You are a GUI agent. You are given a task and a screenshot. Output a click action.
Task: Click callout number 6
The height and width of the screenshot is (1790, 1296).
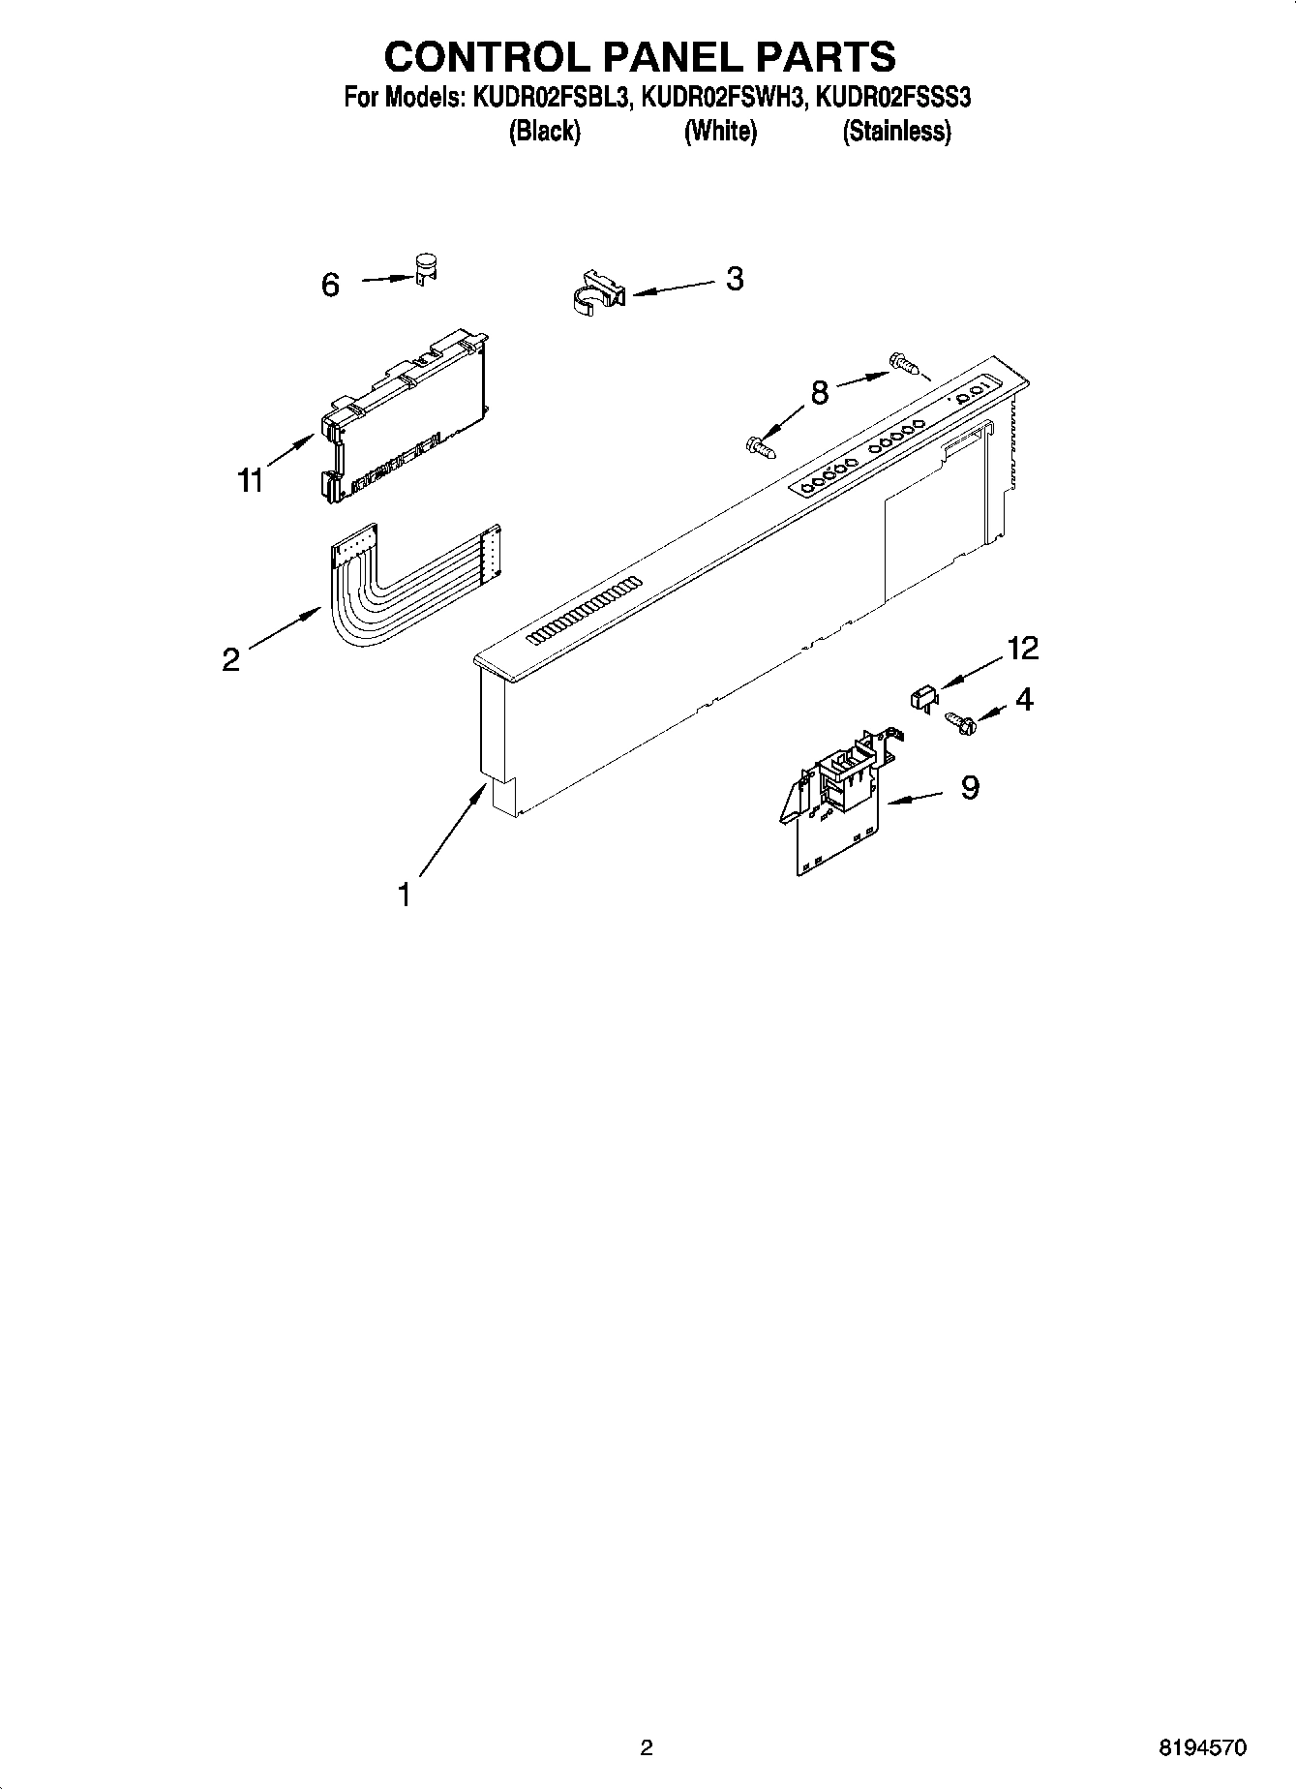coord(330,285)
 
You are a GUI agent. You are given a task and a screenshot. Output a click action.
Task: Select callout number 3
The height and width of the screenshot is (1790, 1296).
coord(735,279)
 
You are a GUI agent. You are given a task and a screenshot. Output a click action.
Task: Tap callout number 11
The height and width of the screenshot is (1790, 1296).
coord(251,480)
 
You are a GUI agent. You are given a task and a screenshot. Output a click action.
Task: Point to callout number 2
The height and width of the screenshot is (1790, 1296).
coord(230,659)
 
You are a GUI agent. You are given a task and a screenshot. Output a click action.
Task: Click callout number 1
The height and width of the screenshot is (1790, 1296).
coord(405,895)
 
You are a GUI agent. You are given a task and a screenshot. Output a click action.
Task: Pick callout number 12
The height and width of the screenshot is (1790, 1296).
coord(1022,649)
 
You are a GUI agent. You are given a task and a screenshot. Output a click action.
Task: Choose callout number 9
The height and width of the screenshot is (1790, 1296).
coord(970,788)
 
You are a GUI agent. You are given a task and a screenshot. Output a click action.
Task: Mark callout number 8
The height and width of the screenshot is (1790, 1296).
coord(819,393)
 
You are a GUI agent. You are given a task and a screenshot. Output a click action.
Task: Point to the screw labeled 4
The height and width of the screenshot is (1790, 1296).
coord(958,721)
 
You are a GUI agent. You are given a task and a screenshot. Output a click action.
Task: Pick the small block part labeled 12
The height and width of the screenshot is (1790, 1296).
coord(922,695)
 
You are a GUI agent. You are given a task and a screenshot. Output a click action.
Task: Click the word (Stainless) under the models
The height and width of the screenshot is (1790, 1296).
coord(896,132)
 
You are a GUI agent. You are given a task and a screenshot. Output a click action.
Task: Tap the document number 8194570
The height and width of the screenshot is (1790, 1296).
coord(1203,1747)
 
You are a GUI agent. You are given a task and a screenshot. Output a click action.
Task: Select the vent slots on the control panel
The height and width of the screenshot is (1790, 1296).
coord(585,611)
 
